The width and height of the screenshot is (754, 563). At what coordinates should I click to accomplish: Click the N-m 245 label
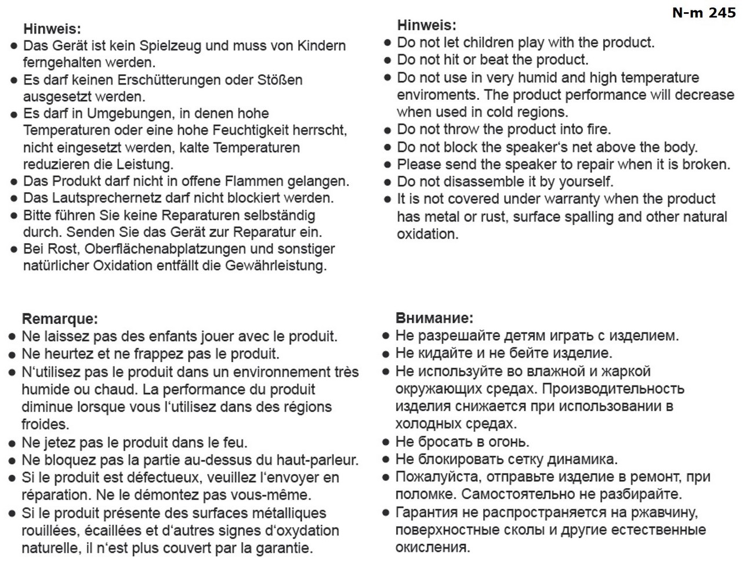click(x=704, y=12)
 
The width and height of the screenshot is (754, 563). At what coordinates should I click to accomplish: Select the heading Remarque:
click(x=60, y=319)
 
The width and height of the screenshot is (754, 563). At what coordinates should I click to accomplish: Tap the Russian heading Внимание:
click(x=434, y=317)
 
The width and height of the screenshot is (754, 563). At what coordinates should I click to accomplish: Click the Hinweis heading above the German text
click(x=52, y=28)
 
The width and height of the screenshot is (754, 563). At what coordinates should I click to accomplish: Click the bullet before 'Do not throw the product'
click(x=388, y=129)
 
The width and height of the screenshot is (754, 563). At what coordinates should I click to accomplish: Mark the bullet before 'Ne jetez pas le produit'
click(x=12, y=443)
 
